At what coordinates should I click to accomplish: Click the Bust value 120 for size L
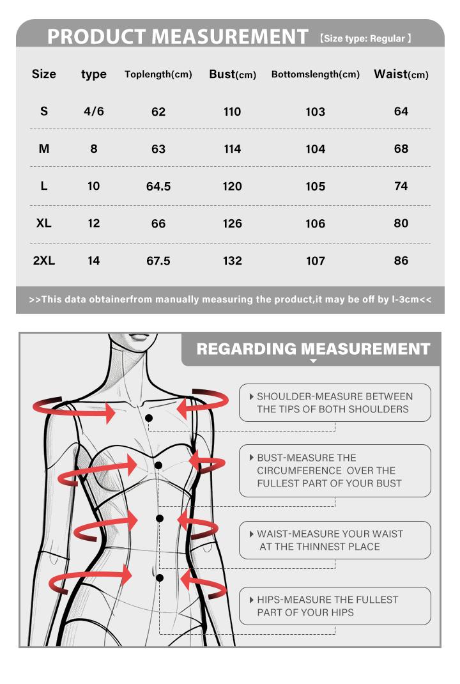pyautogui.click(x=233, y=187)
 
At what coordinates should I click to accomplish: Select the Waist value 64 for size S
pyautogui.click(x=401, y=112)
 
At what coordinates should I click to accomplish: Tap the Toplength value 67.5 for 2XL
pyautogui.click(x=158, y=261)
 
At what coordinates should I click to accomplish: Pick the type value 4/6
pyautogui.click(x=94, y=112)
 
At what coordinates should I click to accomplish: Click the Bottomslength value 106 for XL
pyautogui.click(x=316, y=224)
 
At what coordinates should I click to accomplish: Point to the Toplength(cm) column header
pyautogui.click(x=158, y=75)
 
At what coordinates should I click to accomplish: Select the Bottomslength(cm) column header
pyautogui.click(x=316, y=75)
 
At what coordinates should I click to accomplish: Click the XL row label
pyautogui.click(x=44, y=224)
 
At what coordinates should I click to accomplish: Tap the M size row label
pyautogui.click(x=44, y=149)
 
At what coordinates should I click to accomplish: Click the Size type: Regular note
pyautogui.click(x=365, y=39)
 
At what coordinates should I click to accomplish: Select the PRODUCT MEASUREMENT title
pyautogui.click(x=178, y=37)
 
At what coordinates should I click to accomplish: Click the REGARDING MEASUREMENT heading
pyautogui.click(x=313, y=349)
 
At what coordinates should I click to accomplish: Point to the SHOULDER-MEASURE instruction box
pyautogui.click(x=335, y=403)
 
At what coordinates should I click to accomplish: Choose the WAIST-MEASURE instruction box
pyautogui.click(x=335, y=540)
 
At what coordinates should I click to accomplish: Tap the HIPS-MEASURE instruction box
pyautogui.click(x=335, y=606)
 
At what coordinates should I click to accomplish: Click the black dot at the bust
pyautogui.click(x=158, y=465)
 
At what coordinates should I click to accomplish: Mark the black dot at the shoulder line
pyautogui.click(x=149, y=417)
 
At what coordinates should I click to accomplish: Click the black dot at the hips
pyautogui.click(x=158, y=578)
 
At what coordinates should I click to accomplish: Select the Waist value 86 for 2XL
pyautogui.click(x=401, y=261)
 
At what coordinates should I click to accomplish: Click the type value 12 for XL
pyautogui.click(x=94, y=224)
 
